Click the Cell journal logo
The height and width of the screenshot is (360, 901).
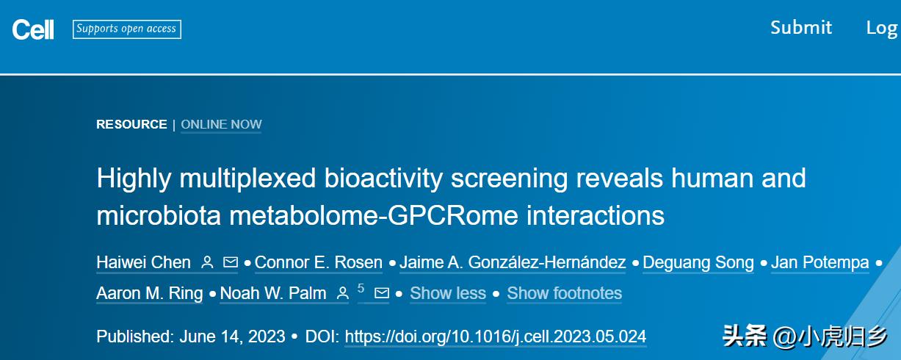pos(33,29)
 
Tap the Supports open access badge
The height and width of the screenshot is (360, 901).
pos(127,29)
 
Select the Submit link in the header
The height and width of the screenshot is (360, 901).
pos(801,28)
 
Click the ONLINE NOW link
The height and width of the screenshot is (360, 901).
pos(221,124)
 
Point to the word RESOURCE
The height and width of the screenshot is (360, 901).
pos(131,124)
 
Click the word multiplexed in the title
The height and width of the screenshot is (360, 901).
pos(247,179)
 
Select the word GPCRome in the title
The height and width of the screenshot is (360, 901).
pos(452,215)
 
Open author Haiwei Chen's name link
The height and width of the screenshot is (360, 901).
pos(144,262)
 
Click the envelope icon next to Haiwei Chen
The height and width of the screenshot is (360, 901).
pos(231,262)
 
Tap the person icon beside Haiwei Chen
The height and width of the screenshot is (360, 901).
pos(207,262)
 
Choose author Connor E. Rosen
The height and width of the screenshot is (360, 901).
pos(319,262)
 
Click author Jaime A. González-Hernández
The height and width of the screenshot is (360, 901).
pos(513,262)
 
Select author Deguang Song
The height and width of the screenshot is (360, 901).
pos(698,263)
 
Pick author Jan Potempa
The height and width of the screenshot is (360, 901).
pos(820,262)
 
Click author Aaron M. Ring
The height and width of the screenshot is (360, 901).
pos(150,293)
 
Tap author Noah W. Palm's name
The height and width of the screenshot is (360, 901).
pos(273,293)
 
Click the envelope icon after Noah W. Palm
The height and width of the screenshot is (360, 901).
pos(382,293)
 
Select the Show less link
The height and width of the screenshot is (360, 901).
pos(448,293)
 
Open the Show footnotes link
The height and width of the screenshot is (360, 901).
pos(565,293)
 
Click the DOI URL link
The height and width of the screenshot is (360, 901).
pos(496,336)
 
